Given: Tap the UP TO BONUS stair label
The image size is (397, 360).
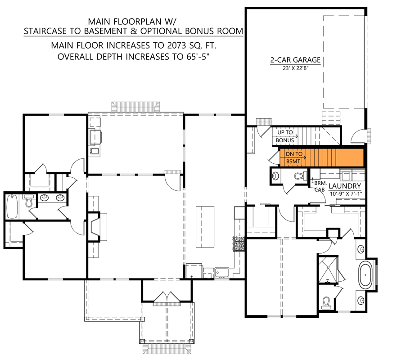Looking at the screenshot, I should (x=284, y=136).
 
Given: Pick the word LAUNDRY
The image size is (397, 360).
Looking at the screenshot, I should (x=344, y=186).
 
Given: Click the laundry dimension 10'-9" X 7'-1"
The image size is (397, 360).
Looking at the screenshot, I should (x=344, y=193).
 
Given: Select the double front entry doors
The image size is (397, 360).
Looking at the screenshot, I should (x=167, y=299).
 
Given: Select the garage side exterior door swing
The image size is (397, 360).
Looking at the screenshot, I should (x=358, y=134).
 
